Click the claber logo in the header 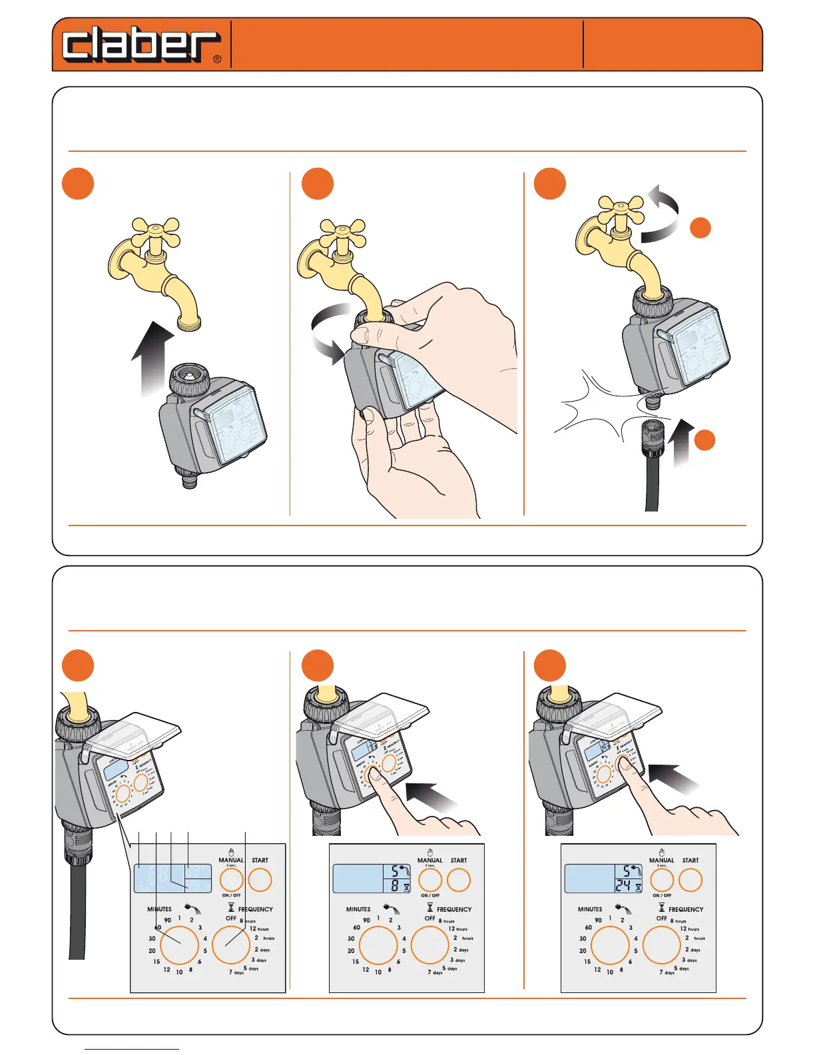[x=140, y=45]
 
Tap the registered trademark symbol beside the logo [x=217, y=59]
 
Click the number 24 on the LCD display [x=623, y=886]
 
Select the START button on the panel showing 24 [x=690, y=880]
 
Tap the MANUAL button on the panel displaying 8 [x=430, y=880]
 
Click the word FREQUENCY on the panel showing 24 [x=686, y=909]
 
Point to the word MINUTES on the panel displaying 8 [x=358, y=909]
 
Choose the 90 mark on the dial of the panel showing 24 [x=598, y=920]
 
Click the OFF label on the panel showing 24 [x=661, y=918]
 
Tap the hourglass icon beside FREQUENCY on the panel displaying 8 [x=429, y=908]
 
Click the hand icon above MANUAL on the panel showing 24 [x=661, y=852]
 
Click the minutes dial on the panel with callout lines [x=179, y=944]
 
